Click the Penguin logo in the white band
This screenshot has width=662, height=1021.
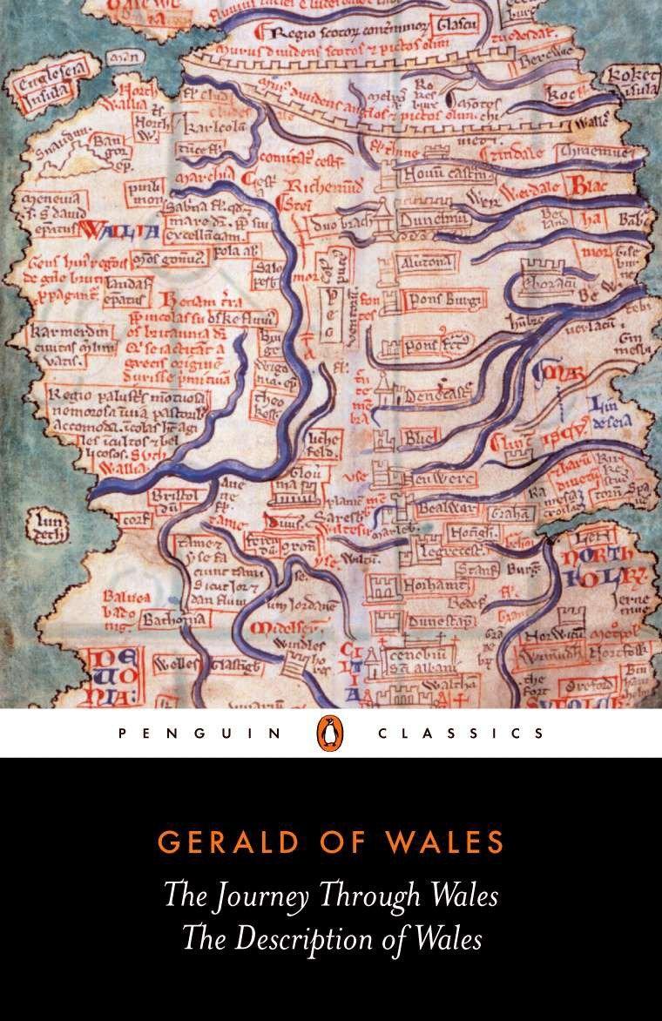tap(331, 733)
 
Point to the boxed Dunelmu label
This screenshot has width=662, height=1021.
tap(436, 220)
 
